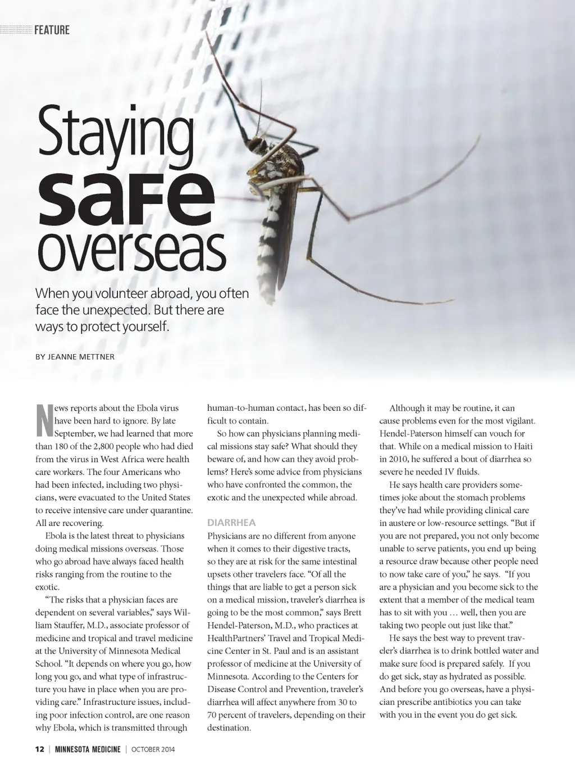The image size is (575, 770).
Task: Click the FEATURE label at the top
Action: click(x=52, y=30)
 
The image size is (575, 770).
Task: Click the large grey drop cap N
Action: click(x=44, y=421)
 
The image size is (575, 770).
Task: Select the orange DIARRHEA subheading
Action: click(x=231, y=523)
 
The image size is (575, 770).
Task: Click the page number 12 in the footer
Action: click(x=39, y=749)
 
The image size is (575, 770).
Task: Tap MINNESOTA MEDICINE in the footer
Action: click(x=88, y=749)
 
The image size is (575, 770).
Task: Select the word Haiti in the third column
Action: click(x=522, y=446)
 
